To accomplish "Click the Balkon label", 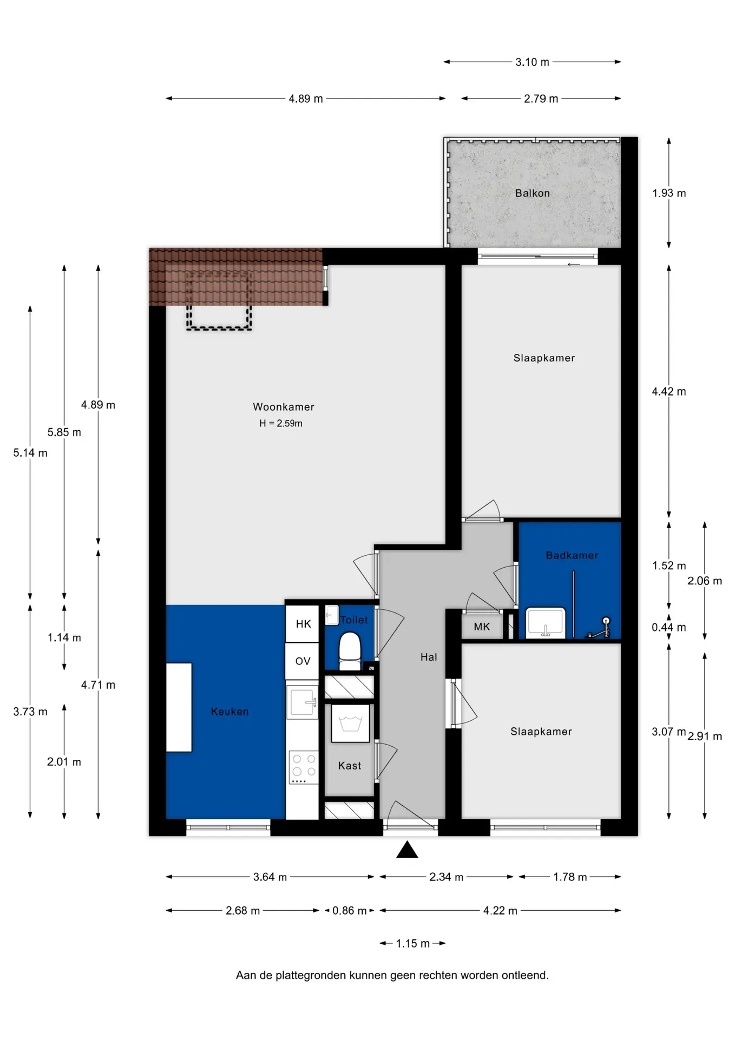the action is click(x=532, y=193).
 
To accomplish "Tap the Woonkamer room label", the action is click(x=283, y=407).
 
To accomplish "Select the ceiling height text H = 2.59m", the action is click(x=280, y=423).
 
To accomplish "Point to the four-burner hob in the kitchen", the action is click(x=303, y=767).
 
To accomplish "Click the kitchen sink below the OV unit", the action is click(x=302, y=702).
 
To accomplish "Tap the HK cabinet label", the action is click(x=303, y=624).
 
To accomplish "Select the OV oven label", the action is click(x=303, y=661).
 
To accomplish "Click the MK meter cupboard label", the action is click(x=481, y=627).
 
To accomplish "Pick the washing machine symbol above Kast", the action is click(x=350, y=723).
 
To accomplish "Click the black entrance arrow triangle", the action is click(x=407, y=850).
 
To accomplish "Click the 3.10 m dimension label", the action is click(x=532, y=62).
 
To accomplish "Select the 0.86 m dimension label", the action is click(x=349, y=911).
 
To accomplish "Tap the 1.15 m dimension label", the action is click(x=412, y=944).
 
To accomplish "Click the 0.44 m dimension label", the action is click(x=668, y=627).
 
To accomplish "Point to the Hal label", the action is click(x=428, y=657).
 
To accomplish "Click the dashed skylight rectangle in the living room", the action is click(x=219, y=300).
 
